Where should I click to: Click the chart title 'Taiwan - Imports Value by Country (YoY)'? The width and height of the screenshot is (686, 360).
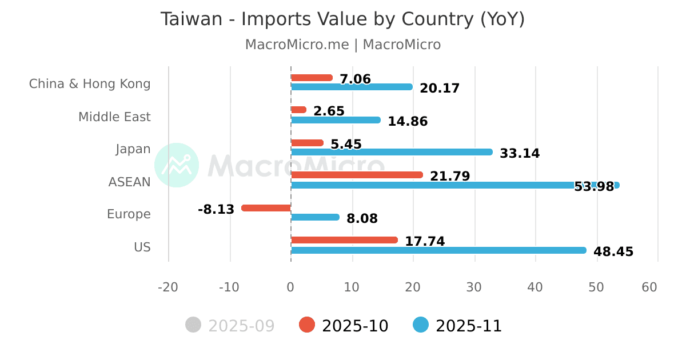tap(342, 19)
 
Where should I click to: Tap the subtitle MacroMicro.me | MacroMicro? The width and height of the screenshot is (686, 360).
tap(342, 45)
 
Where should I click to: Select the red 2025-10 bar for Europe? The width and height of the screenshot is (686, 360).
tap(266, 208)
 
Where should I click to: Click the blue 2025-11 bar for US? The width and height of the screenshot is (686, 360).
tap(438, 250)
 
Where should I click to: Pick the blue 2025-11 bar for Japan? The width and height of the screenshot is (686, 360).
tap(392, 152)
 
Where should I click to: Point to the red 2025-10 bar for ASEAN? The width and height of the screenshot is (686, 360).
tap(357, 175)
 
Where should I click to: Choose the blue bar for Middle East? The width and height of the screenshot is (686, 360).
tap(336, 120)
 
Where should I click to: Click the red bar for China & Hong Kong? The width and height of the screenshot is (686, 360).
tap(312, 78)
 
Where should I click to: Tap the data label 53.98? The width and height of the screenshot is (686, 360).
tap(594, 186)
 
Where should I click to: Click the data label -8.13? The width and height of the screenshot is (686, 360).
tap(216, 210)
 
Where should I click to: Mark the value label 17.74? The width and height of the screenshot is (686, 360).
tap(425, 242)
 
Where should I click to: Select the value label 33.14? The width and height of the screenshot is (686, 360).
tap(520, 154)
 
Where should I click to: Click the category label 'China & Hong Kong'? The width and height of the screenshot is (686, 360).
tap(90, 84)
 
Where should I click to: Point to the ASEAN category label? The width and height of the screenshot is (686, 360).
tap(129, 182)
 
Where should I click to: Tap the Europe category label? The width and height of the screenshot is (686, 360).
tap(129, 214)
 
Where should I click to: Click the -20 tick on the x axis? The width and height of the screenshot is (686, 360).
tap(168, 287)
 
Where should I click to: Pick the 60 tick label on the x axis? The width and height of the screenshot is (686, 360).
tap(649, 287)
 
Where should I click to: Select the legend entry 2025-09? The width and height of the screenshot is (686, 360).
tap(230, 326)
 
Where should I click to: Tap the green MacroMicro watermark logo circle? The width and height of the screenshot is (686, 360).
tap(177, 165)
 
